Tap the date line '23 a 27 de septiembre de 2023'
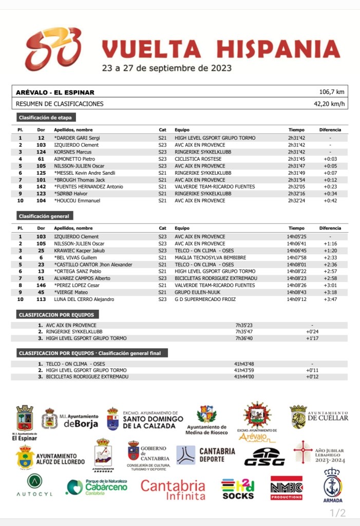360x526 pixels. tap(166, 68)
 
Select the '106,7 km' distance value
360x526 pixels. tap(332, 92)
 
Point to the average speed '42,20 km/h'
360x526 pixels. tap(329, 104)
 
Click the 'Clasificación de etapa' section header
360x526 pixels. tap(46, 118)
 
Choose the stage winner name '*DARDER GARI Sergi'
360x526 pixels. tap(77, 138)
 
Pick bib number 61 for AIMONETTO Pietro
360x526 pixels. tap(41, 159)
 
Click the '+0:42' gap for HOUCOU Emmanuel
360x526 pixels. tap(330, 201)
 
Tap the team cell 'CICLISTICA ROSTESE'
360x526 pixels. tap(198, 159)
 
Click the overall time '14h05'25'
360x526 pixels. tap(296, 237)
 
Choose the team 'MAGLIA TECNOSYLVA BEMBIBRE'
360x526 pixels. tap(210, 257)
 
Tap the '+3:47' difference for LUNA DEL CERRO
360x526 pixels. tap(330, 299)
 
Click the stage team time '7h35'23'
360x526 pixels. tap(245, 325)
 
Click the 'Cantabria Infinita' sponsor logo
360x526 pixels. tap(173, 490)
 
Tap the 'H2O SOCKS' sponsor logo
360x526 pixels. tap(238, 489)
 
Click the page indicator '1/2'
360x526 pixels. tap(337, 513)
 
